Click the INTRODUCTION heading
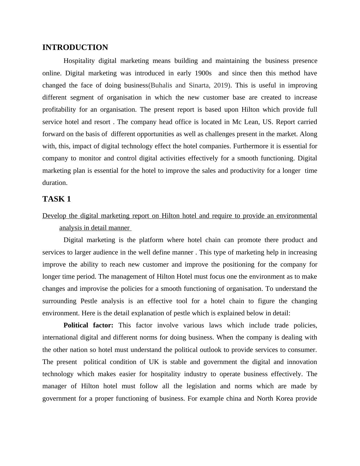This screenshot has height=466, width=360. pyautogui.click(x=75, y=48)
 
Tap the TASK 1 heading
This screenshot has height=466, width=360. pyautogui.click(x=57, y=199)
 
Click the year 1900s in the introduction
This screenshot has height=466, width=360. pyautogui.click(x=202, y=73)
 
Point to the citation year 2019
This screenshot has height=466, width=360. pyautogui.click(x=221, y=85)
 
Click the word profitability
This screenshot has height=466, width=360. pyautogui.click(x=59, y=110)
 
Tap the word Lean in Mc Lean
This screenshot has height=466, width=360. pyautogui.click(x=248, y=122)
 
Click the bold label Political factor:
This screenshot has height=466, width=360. pyautogui.click(x=88, y=325)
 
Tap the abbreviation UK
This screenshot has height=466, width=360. pyautogui.click(x=152, y=362)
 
